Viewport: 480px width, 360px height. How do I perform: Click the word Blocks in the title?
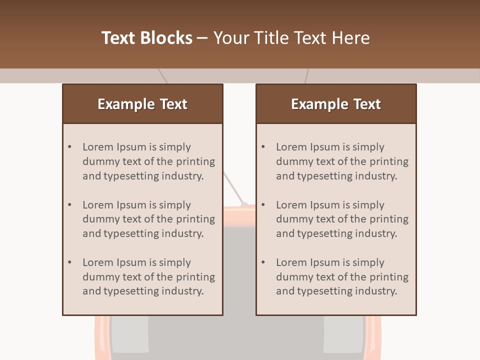(x=166, y=38)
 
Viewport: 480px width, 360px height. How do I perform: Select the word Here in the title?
(x=351, y=38)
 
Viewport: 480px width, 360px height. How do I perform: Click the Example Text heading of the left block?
(x=142, y=104)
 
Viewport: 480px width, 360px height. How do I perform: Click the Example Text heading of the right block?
(x=336, y=104)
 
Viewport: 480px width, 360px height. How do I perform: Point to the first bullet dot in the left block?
(x=70, y=147)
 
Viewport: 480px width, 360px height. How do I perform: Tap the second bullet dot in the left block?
(x=70, y=204)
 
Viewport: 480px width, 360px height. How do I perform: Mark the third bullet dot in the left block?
(x=70, y=262)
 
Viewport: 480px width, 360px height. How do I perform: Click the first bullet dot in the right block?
(x=263, y=147)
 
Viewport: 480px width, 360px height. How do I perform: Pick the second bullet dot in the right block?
(x=263, y=204)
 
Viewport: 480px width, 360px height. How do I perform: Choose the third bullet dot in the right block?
(x=263, y=262)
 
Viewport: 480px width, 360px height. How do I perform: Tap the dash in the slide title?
(x=202, y=38)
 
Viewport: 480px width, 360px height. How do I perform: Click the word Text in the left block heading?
(x=173, y=104)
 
